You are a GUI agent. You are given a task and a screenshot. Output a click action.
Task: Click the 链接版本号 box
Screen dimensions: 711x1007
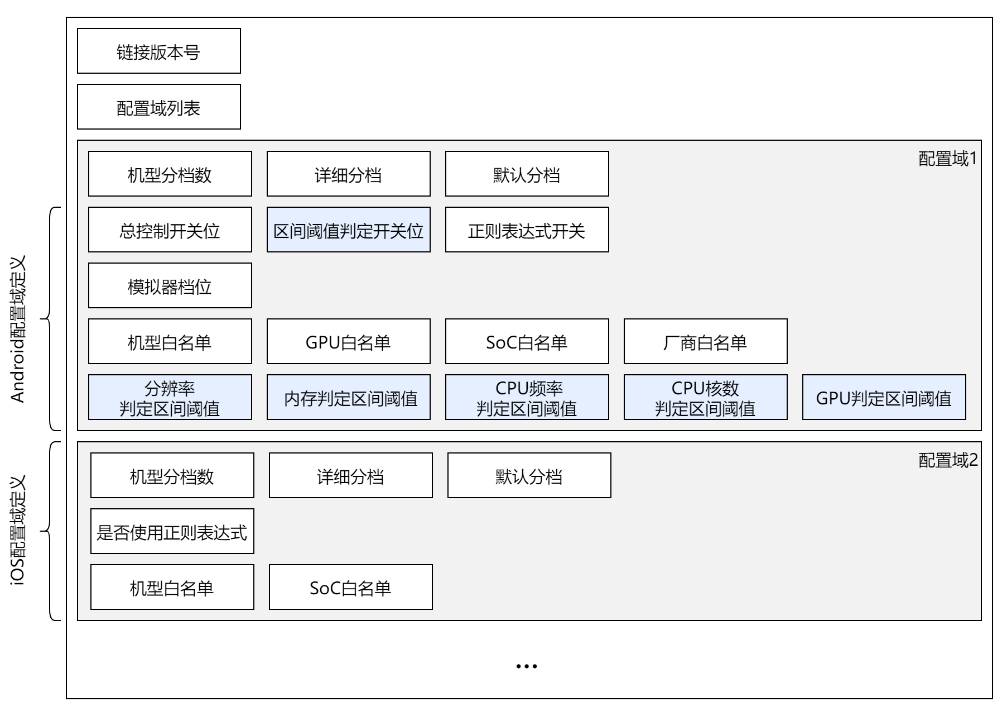point(158,51)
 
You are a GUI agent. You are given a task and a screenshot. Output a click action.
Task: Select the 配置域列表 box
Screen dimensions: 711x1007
point(158,107)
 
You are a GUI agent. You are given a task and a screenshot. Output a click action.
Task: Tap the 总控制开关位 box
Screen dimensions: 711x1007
point(170,230)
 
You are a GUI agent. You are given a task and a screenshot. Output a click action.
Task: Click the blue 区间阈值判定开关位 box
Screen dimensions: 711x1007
point(348,230)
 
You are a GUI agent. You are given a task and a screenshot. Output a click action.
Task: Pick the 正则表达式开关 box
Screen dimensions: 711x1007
point(527,230)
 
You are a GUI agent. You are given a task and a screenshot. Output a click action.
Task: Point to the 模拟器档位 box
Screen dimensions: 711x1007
point(170,286)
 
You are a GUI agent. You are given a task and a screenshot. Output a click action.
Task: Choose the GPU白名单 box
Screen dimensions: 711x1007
point(348,342)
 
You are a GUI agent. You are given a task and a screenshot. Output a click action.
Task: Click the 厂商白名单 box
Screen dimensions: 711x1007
point(705,342)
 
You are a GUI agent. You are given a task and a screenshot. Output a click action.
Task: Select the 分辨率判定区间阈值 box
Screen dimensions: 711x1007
point(170,398)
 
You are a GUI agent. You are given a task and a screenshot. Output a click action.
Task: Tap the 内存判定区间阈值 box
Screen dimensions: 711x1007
point(348,398)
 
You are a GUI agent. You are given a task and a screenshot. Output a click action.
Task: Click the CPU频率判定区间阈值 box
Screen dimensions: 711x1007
point(527,398)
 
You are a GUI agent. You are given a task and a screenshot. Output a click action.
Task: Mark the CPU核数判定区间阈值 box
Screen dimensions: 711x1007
point(705,398)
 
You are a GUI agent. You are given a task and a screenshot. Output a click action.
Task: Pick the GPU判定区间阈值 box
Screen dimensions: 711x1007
point(884,398)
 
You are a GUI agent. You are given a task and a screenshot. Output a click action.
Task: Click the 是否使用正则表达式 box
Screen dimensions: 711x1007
point(172,532)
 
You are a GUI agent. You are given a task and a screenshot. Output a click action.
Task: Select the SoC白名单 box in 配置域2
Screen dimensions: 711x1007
point(350,588)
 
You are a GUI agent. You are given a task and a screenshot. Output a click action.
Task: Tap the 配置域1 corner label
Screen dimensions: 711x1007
point(947,159)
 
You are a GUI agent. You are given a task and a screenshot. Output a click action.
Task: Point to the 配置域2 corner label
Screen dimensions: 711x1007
point(947,461)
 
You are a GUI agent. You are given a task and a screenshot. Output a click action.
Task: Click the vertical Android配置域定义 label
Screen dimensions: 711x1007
point(18,330)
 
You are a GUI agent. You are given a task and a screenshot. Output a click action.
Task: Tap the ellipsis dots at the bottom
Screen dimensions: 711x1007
point(526,666)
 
